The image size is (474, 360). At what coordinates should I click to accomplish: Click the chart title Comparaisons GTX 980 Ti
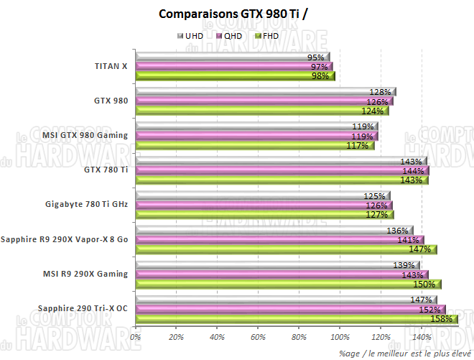237,14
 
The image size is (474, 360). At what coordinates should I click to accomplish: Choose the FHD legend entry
266,35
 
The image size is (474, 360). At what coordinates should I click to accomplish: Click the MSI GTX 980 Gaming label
85,135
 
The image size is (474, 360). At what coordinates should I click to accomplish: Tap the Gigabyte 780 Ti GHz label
86,204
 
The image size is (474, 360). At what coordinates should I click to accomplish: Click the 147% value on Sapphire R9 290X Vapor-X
419,249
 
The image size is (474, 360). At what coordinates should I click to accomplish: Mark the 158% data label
440,318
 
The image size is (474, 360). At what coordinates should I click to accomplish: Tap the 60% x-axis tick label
257,336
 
